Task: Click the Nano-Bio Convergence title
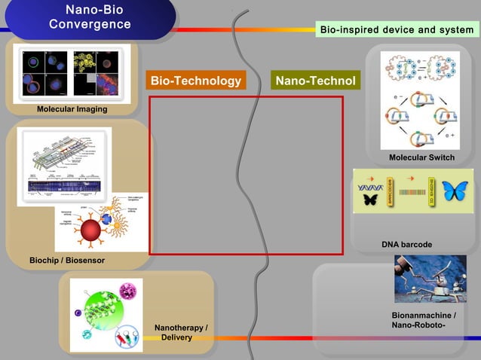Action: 90,17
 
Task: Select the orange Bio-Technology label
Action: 195,81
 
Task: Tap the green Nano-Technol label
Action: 315,81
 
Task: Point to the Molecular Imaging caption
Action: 72,110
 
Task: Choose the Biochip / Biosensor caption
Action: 67,261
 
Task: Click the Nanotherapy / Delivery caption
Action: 180,332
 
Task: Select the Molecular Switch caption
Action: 421,157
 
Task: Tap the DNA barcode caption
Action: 406,245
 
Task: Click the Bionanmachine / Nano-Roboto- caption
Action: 423,320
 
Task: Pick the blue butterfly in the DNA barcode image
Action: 455,191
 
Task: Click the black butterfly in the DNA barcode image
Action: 369,200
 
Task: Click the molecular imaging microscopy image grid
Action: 72,73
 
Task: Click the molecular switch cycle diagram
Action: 419,101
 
